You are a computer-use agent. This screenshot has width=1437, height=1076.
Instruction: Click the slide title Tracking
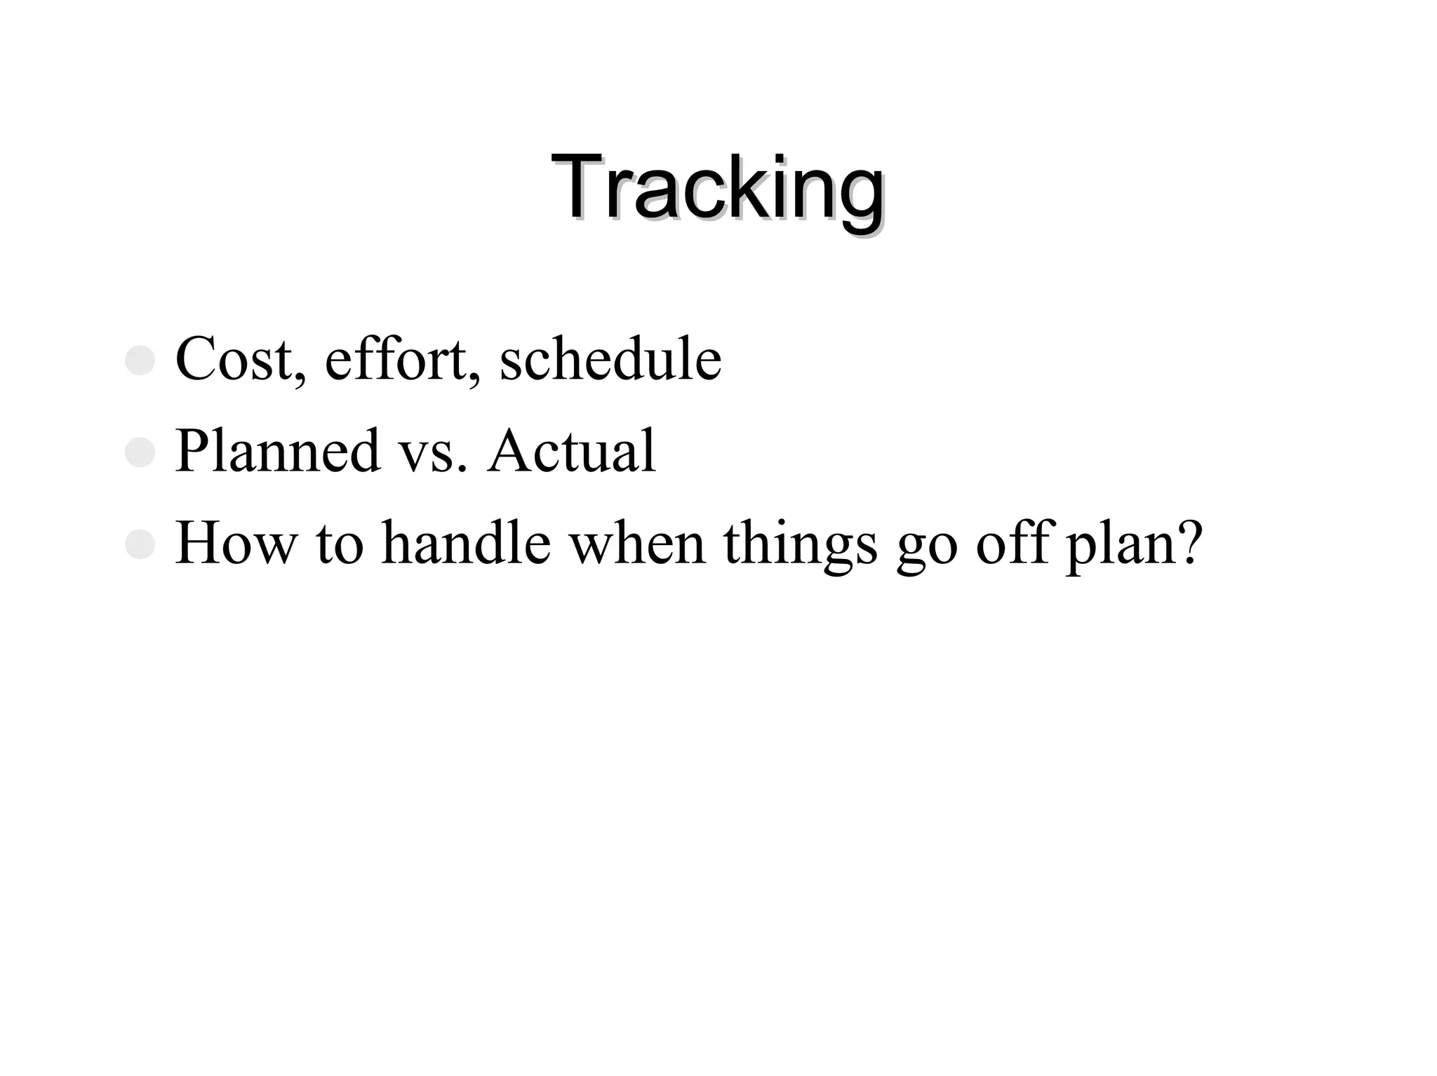tap(717, 188)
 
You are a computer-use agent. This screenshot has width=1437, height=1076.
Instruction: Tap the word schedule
tap(610, 359)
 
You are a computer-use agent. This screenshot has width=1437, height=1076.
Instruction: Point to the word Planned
tap(278, 451)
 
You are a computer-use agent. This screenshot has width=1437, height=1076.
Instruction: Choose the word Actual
tap(572, 451)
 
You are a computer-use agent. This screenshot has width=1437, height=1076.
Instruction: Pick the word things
tap(801, 544)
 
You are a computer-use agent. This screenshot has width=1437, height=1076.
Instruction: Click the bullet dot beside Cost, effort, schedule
tap(140, 361)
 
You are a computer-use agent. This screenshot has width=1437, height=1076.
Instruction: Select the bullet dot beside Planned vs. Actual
tap(140, 453)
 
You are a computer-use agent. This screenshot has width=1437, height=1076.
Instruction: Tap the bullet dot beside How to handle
tap(140, 545)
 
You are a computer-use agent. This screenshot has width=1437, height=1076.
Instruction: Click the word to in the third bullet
tap(340, 544)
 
